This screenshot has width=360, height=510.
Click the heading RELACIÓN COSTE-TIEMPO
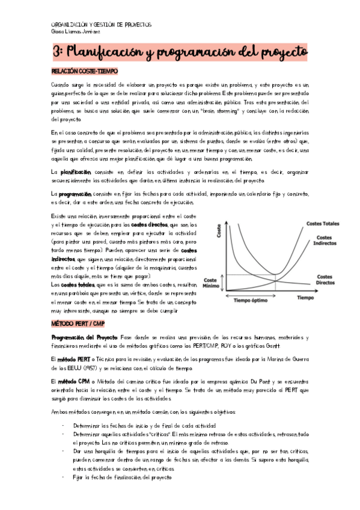pyautogui.click(x=84, y=72)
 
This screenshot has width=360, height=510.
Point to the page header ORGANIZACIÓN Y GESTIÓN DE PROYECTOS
pyautogui.click(x=101, y=25)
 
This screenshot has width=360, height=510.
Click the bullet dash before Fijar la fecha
pyautogui.click(x=64, y=477)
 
